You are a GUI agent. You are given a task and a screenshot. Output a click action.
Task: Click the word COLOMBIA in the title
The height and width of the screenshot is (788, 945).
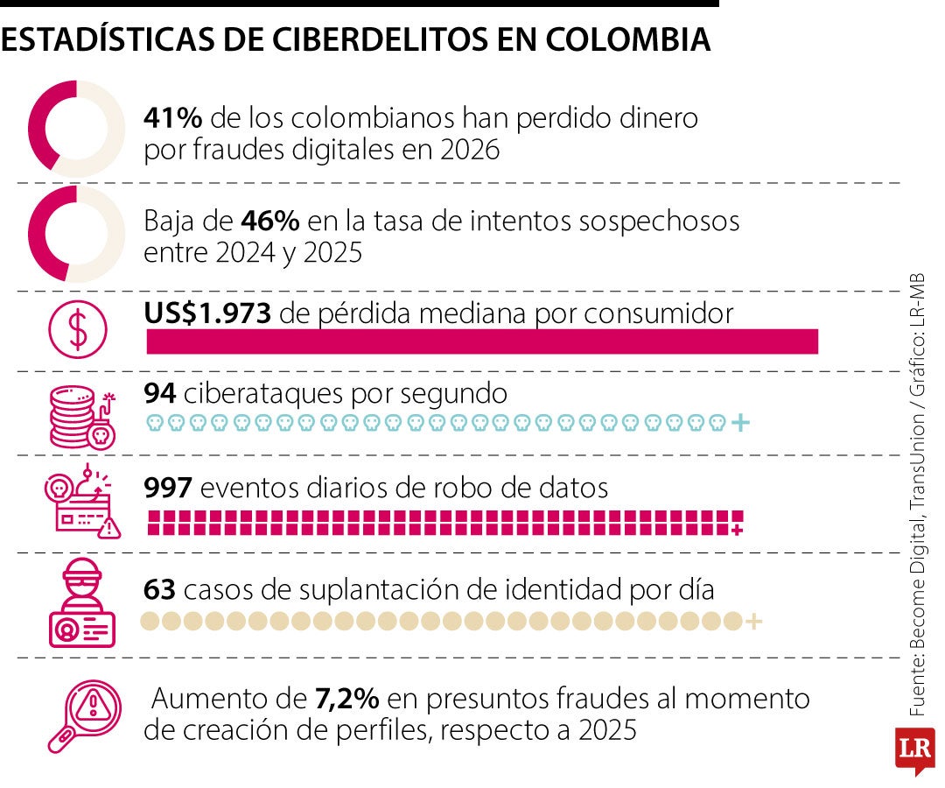coord(628,39)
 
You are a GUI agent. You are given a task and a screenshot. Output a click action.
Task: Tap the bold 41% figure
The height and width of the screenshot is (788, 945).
coord(173,117)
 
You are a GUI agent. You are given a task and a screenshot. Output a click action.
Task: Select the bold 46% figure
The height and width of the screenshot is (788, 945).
coord(270,221)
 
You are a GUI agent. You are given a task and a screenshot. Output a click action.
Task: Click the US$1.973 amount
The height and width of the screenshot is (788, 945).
coord(207,313)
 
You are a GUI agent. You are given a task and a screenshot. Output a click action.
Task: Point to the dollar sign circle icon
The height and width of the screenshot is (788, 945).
coord(78,330)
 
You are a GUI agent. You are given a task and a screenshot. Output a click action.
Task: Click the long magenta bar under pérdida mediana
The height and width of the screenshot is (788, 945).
coord(482,341)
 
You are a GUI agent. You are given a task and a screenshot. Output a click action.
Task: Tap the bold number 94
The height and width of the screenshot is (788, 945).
coord(160,393)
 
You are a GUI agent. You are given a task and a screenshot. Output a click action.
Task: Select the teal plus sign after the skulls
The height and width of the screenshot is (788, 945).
coord(740,423)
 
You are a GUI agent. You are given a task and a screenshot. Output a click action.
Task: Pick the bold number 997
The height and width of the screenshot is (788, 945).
coord(168,487)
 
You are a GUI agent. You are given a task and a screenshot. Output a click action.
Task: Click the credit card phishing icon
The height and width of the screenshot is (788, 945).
coord(82,502)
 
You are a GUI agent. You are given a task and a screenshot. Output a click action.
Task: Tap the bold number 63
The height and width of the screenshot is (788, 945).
coord(160,589)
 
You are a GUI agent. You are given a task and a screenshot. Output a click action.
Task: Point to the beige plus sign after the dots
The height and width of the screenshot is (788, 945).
coord(754,621)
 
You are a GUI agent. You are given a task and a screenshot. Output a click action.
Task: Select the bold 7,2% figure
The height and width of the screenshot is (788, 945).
coord(347,698)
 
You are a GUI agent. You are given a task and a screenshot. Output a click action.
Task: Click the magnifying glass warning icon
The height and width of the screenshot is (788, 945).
coord(84,716)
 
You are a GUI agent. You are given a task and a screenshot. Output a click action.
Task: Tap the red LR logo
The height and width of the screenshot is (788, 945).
coord(915,749)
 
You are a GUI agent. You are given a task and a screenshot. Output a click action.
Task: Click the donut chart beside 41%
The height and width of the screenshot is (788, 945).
coord(76,129)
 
